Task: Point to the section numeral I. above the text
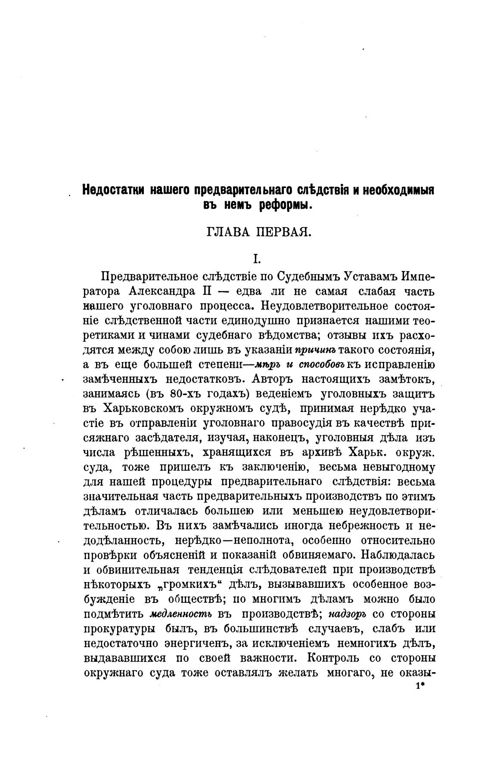click(257, 259)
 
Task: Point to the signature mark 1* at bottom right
click(420, 687)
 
